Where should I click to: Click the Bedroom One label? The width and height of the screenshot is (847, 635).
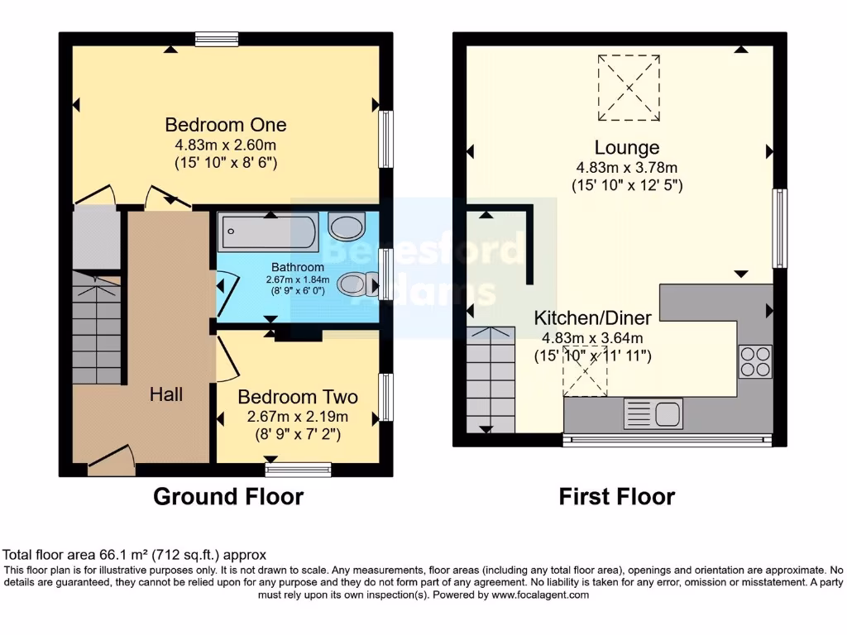[x=225, y=125]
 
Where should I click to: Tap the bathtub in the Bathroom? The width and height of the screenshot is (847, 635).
[x=267, y=232]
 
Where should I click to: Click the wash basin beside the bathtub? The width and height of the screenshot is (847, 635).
[x=346, y=225]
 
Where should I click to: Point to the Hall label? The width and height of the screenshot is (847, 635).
[x=166, y=395]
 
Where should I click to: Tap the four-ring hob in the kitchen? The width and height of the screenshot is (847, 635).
[x=755, y=361]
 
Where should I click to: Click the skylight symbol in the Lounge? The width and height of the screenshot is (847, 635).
[x=629, y=88]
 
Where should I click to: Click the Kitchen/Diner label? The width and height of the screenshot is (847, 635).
[x=592, y=318]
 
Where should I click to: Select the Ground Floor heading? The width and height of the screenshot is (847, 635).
[x=228, y=497]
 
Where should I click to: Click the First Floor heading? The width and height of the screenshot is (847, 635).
[x=616, y=497]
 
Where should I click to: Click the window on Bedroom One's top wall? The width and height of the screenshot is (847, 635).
[x=217, y=38]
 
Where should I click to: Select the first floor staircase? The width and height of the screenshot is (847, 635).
[x=490, y=379]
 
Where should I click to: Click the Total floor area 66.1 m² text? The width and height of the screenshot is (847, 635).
[x=135, y=555]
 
